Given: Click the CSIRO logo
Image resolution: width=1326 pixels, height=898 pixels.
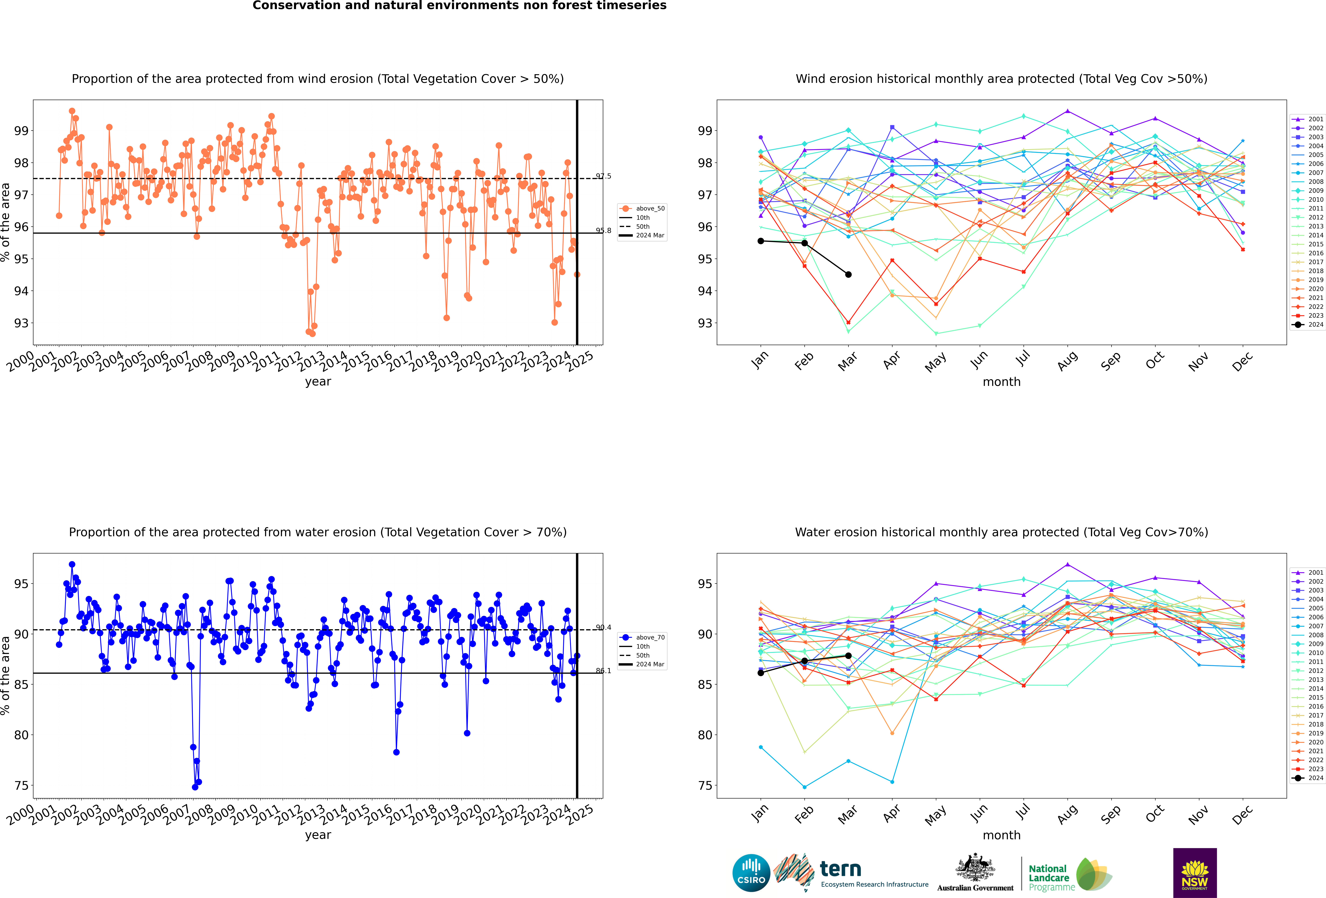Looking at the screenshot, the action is click(x=751, y=872).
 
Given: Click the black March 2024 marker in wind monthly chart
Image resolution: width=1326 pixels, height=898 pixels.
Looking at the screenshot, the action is click(x=848, y=274).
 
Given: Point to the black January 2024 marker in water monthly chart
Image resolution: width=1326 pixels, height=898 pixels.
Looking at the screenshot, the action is click(x=761, y=673).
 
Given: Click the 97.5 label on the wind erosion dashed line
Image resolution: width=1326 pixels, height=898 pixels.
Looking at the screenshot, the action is click(x=603, y=176).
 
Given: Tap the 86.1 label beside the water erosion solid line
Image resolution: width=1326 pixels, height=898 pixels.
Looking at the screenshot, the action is click(x=603, y=670).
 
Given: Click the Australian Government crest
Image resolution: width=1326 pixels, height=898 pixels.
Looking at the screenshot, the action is click(x=976, y=868).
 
